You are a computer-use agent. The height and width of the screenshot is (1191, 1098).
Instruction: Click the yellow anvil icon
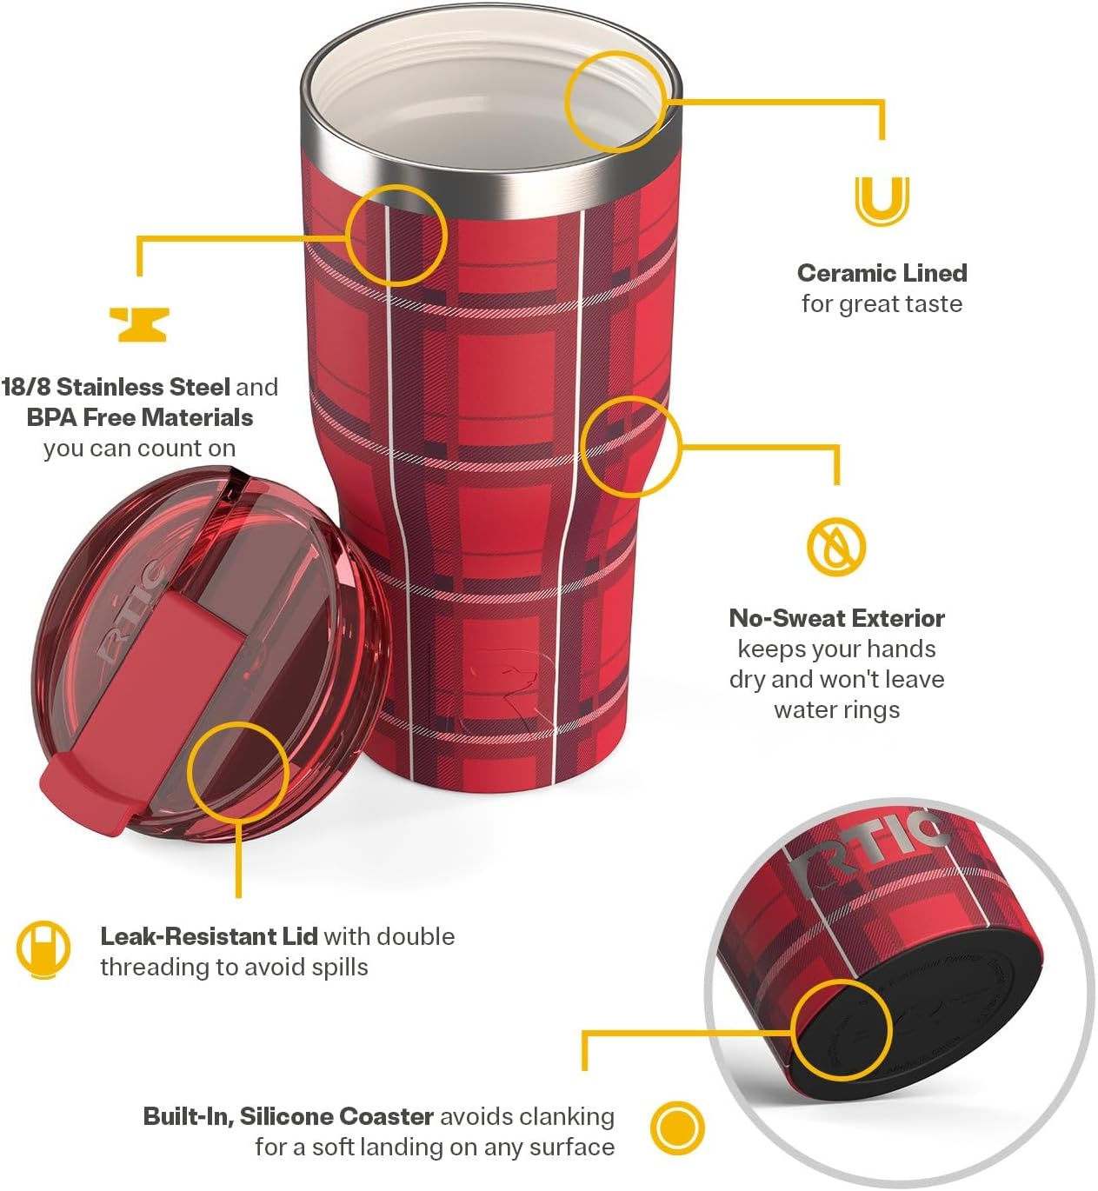point(139,324)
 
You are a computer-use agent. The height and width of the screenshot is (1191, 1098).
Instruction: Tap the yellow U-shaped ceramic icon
point(882,200)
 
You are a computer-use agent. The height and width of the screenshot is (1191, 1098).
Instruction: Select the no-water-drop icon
point(836,547)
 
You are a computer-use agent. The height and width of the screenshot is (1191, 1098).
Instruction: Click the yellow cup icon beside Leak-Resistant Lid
point(43,948)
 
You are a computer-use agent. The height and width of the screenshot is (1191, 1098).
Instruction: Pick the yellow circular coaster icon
point(677,1128)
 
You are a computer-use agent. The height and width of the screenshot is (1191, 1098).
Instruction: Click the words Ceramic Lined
point(882,273)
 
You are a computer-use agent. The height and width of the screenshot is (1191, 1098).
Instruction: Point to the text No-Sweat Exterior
point(836,618)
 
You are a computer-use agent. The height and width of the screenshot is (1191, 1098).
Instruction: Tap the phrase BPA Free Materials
point(139,417)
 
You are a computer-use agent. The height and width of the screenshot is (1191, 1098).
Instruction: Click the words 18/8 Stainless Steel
point(116,387)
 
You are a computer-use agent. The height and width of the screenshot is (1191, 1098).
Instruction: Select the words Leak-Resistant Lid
point(209,936)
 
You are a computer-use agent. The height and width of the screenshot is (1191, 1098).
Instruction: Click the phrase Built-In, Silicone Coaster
point(288,1116)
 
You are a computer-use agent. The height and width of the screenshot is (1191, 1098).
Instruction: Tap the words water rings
point(836,709)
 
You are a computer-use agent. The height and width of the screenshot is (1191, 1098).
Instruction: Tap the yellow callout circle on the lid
point(237,771)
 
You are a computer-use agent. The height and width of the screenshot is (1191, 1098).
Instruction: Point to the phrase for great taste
point(882,304)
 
